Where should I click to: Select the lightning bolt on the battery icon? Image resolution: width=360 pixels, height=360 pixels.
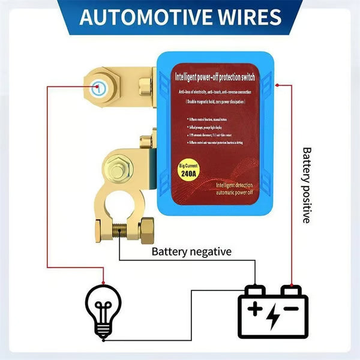(x=273, y=317)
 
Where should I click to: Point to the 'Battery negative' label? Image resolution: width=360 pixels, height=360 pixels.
(x=191, y=251)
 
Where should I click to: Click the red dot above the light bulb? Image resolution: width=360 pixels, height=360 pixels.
(x=104, y=280)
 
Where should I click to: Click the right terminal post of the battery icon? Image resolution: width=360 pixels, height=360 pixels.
(x=291, y=290)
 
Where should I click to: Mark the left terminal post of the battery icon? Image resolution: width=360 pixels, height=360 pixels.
(x=256, y=290)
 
